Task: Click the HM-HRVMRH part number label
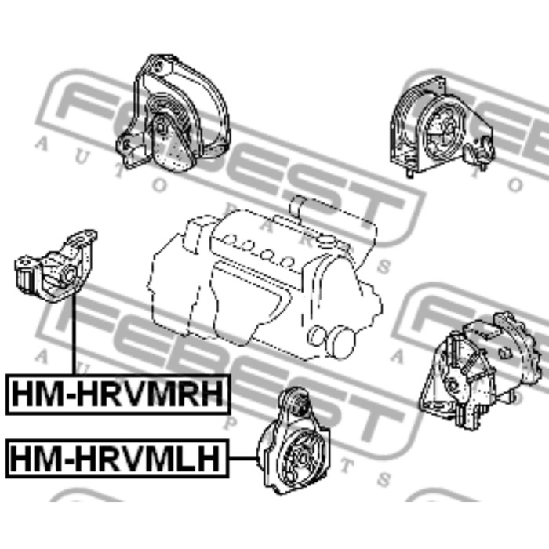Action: (x=118, y=394)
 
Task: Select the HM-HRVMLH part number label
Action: (x=118, y=458)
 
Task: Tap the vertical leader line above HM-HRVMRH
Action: (x=75, y=334)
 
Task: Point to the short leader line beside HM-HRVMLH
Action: (x=244, y=458)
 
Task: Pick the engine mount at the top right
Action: (x=442, y=126)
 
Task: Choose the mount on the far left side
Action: (x=56, y=266)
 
